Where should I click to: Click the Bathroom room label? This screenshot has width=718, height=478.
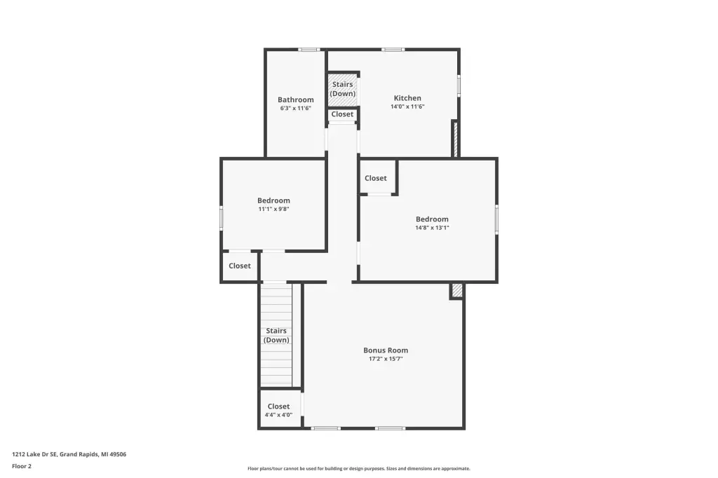click(296, 100)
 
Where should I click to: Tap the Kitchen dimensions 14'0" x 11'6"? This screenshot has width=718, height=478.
click(407, 107)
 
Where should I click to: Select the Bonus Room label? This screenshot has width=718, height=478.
click(386, 350)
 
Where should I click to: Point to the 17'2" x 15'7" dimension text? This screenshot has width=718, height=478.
click(386, 359)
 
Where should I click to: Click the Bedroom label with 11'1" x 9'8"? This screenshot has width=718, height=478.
click(274, 200)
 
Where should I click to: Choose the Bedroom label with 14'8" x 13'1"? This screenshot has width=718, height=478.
click(432, 219)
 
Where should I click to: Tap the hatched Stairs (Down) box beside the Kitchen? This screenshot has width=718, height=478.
click(342, 89)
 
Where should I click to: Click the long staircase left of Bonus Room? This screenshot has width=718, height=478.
click(276, 335)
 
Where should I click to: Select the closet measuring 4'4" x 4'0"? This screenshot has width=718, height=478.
click(279, 409)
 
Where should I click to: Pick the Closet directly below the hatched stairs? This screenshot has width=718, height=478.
click(342, 114)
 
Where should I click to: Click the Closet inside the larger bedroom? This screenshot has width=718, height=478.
click(376, 177)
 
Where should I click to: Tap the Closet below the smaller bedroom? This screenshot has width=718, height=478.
click(240, 266)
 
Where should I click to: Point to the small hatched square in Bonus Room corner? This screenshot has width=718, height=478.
click(456, 290)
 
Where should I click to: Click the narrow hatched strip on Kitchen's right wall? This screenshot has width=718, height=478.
click(455, 139)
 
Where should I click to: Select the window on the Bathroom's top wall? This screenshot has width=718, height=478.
click(309, 50)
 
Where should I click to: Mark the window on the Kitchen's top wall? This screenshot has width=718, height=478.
click(393, 50)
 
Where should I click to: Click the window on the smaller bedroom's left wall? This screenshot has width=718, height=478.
click(221, 217)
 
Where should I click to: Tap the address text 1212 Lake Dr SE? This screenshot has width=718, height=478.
click(35, 454)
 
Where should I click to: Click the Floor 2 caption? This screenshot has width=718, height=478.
click(22, 466)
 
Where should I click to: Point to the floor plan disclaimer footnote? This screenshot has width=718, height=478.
click(359, 468)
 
